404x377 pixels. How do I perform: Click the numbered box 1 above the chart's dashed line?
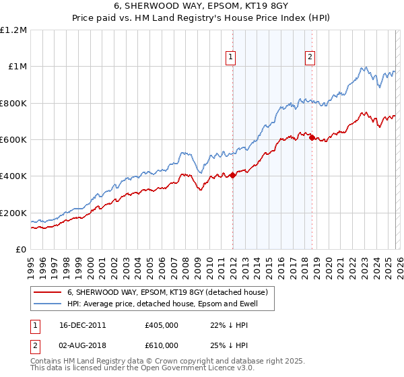pyautogui.click(x=230, y=58)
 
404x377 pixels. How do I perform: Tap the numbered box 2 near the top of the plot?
pyautogui.click(x=310, y=58)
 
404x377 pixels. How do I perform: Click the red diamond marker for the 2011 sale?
pyautogui.click(x=232, y=176)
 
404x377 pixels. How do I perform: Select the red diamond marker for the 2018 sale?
pyautogui.click(x=312, y=138)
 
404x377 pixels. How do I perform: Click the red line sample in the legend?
pyautogui.click(x=47, y=292)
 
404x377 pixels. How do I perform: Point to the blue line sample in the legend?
pyautogui.click(x=47, y=304)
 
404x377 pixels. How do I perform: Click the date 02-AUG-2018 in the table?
pyautogui.click(x=79, y=345)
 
